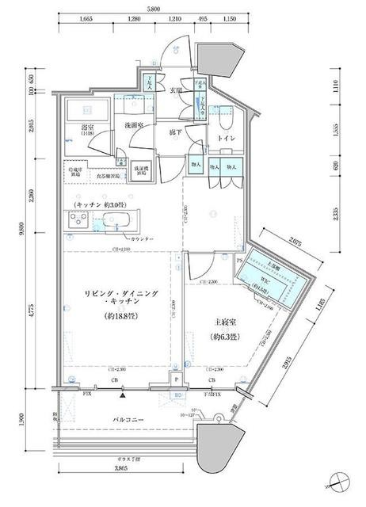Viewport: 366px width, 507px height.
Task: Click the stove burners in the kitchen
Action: tap(81, 220)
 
